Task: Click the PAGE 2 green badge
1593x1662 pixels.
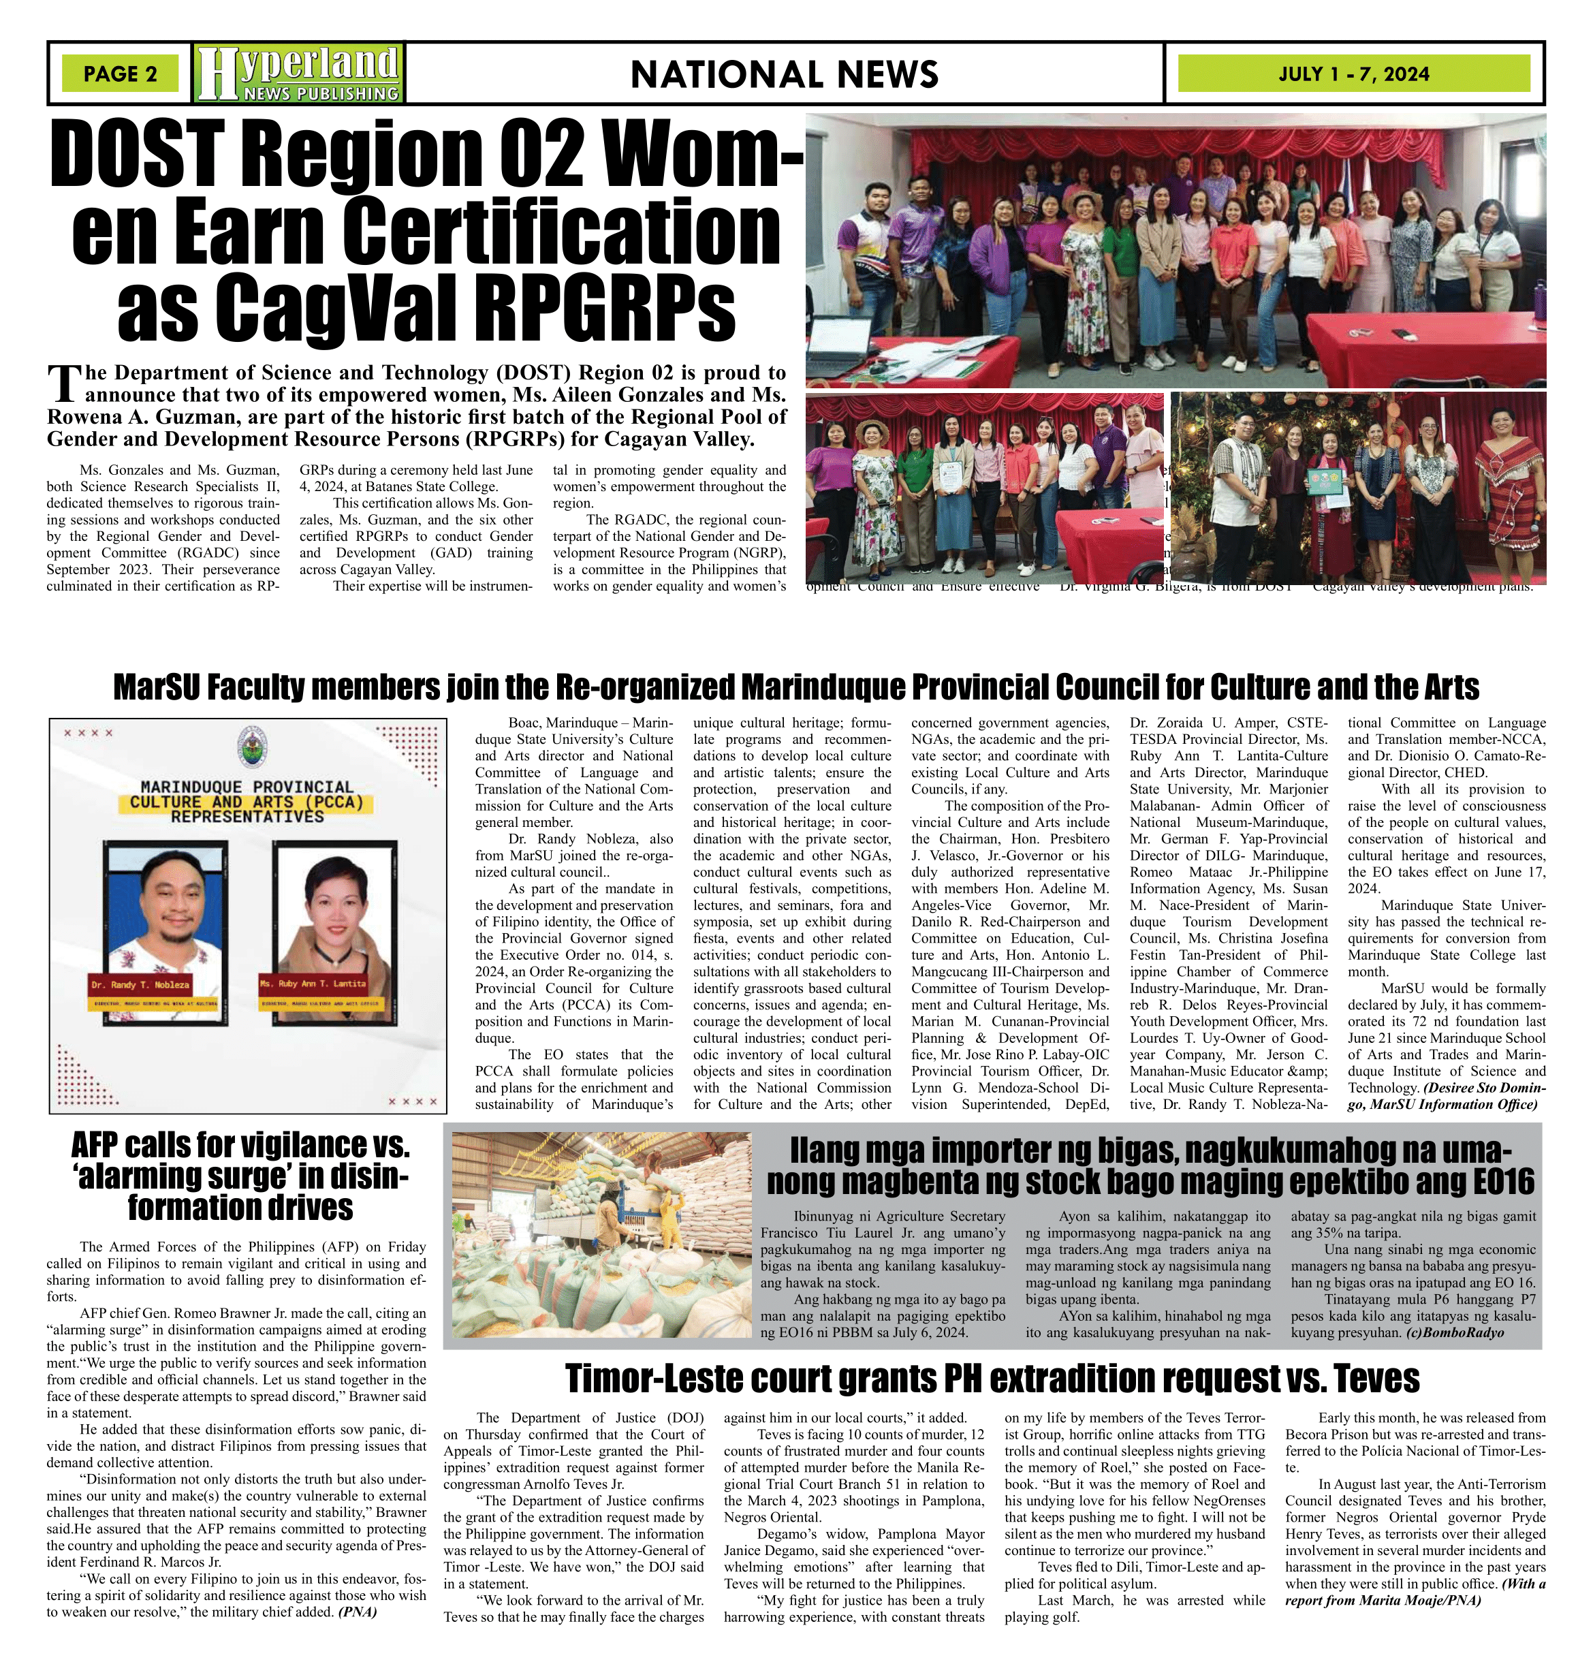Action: (121, 74)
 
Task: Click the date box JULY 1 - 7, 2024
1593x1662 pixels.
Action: (1354, 74)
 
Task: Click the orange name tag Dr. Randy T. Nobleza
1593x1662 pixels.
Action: (142, 984)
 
